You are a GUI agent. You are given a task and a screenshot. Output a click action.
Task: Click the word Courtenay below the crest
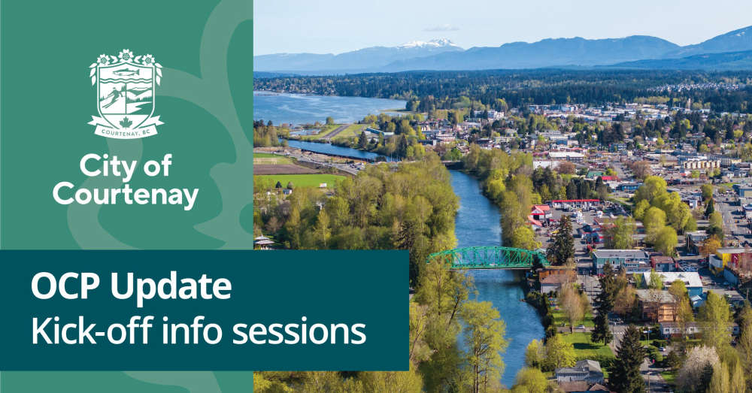pos(126,195)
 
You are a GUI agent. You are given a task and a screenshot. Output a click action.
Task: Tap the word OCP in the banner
pos(65,286)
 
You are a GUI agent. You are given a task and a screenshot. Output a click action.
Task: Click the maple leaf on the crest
pos(126,122)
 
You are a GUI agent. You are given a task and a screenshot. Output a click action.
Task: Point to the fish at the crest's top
pos(126,72)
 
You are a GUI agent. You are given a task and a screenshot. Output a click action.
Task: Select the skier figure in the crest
pos(112,98)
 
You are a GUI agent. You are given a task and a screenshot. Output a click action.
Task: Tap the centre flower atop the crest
pos(126,55)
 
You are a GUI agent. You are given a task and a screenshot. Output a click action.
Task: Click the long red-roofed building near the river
pos(573,203)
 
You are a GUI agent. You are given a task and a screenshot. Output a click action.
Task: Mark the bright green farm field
pos(300,180)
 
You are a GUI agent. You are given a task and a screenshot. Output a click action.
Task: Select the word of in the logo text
pos(157,166)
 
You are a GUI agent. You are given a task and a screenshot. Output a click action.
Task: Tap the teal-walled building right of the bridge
pos(620,260)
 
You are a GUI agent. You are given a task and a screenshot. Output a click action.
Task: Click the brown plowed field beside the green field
pos(283,169)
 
